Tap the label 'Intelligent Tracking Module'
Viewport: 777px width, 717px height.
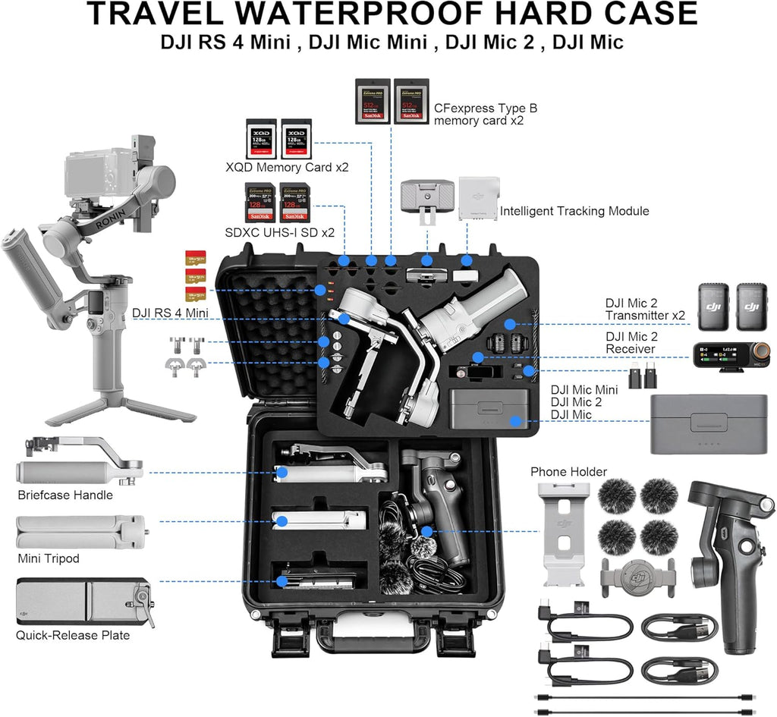click(574, 211)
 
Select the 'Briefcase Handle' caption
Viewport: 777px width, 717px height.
click(65, 495)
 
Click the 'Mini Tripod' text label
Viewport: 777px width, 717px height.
click(48, 559)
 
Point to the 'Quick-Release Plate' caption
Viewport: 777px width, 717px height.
click(73, 635)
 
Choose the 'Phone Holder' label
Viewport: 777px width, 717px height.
click(568, 472)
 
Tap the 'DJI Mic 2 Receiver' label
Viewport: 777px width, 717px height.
click(631, 342)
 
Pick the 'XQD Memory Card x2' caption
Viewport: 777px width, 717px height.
click(287, 167)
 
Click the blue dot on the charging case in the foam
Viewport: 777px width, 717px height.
click(516, 420)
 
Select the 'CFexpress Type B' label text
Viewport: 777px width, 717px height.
click(485, 108)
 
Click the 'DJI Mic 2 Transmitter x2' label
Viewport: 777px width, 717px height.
click(645, 309)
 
